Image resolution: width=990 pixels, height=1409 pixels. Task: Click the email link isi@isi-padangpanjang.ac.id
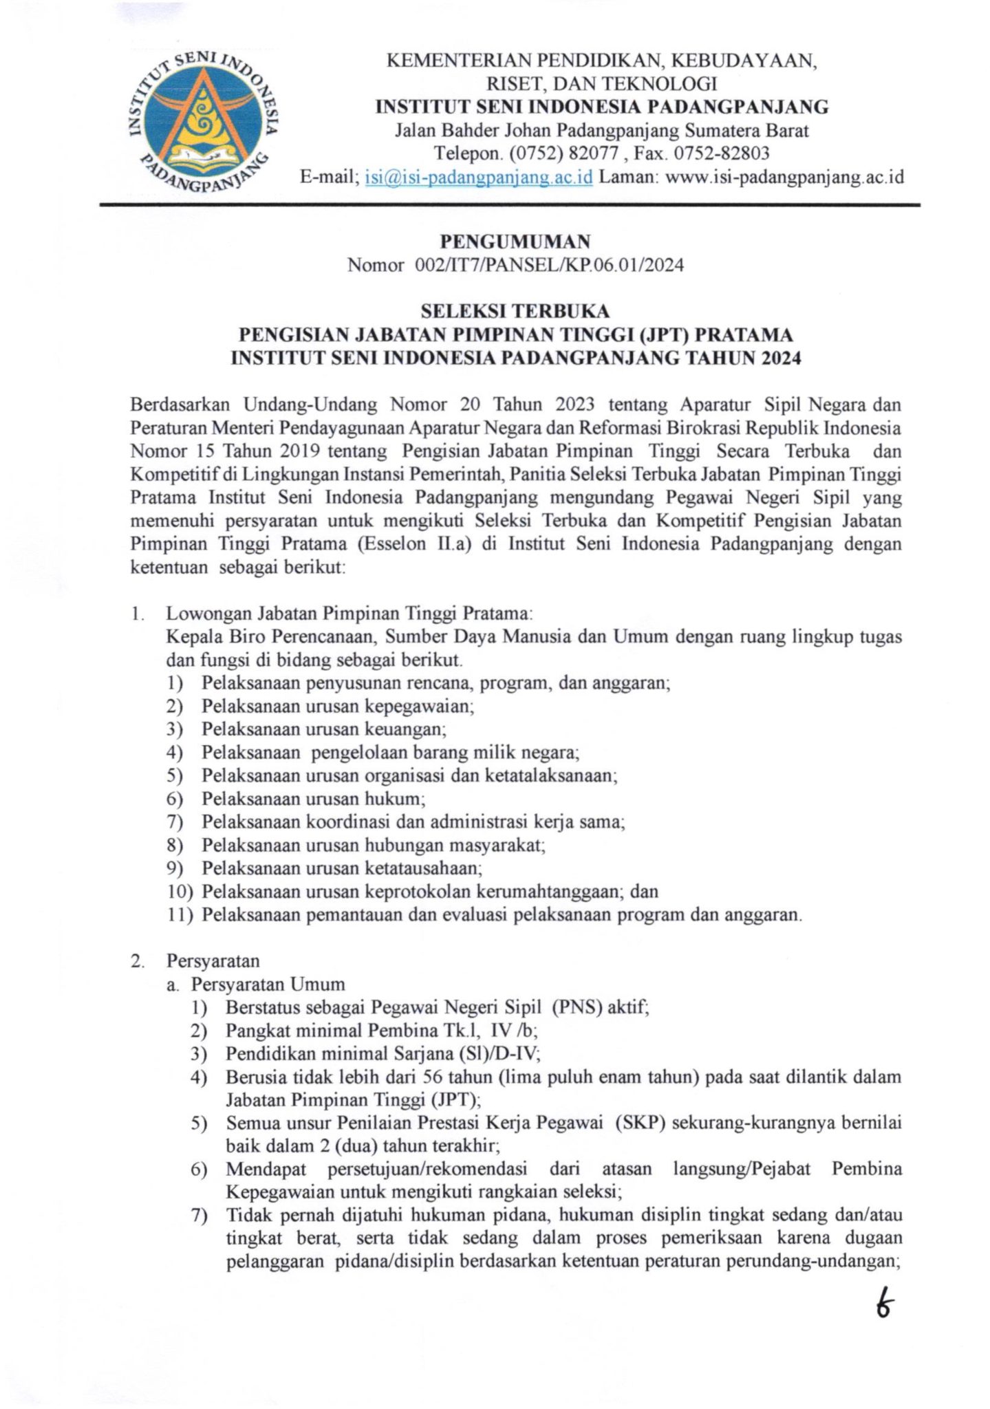tap(479, 177)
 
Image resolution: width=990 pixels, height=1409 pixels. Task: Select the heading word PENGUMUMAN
tap(515, 241)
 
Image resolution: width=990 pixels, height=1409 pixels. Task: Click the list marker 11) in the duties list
tap(180, 914)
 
